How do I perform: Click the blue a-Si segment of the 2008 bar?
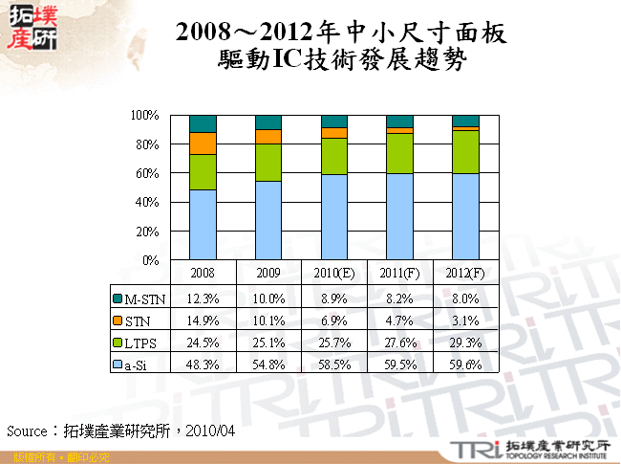point(203,225)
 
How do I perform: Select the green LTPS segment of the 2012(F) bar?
point(465,151)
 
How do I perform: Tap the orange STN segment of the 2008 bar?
point(203,144)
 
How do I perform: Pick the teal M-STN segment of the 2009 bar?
point(268,122)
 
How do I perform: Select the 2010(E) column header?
point(334,274)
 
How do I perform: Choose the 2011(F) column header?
point(399,274)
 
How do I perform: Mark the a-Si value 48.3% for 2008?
point(203,364)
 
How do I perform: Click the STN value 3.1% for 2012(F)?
point(465,320)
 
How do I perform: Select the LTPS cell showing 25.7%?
point(334,342)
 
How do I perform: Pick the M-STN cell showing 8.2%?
point(399,298)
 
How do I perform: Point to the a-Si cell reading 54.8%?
point(268,364)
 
